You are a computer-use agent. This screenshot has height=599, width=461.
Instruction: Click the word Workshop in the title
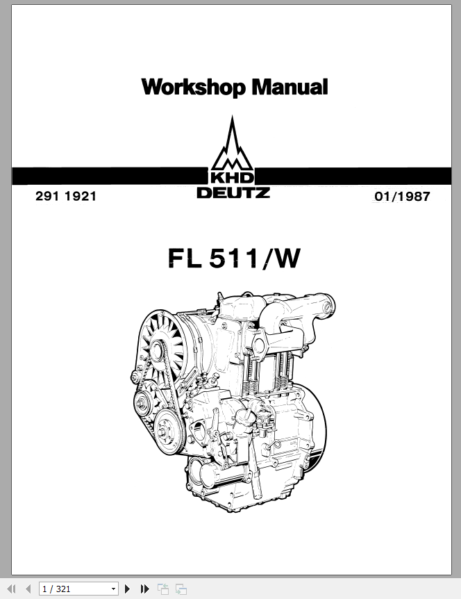(x=194, y=87)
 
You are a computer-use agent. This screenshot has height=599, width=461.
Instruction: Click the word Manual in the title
(x=290, y=86)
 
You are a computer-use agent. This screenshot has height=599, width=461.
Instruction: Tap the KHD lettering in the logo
(x=232, y=178)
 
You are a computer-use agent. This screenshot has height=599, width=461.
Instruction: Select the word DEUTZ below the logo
(x=233, y=192)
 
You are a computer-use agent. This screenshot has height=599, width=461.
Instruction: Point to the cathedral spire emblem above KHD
(x=232, y=143)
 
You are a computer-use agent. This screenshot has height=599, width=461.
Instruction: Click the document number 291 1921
(x=66, y=196)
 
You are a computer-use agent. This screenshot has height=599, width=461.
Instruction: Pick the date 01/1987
(x=402, y=197)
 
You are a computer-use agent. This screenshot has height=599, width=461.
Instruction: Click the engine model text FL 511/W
(x=234, y=259)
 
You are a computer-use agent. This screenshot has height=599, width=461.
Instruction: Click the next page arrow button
(x=128, y=589)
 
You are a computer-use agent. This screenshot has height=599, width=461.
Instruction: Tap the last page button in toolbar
(x=144, y=589)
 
